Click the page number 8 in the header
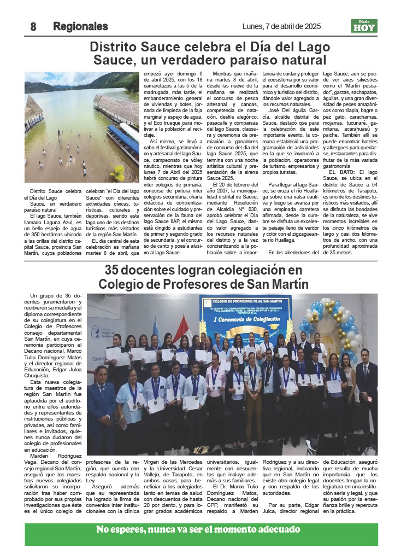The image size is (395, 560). [33, 26]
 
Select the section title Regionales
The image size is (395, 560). [80, 26]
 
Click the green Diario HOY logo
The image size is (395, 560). [364, 26]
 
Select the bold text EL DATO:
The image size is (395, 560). [341, 172]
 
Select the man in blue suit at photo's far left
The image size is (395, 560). [102, 405]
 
